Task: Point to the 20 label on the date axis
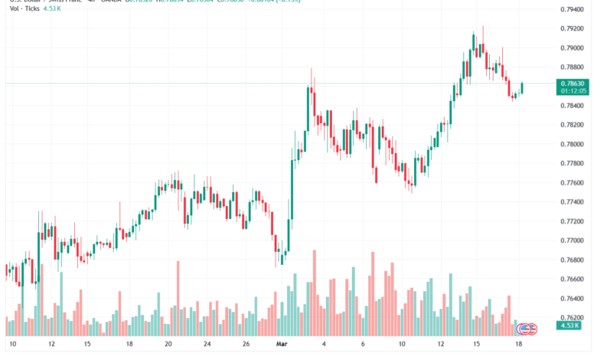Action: click(169, 345)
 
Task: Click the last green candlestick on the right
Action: click(522, 88)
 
